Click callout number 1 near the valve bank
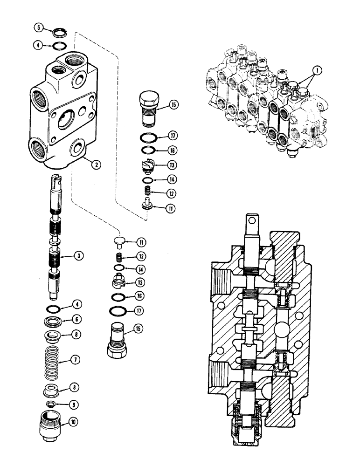[317, 70]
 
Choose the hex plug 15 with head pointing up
[148, 108]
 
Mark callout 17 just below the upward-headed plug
[160, 137]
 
